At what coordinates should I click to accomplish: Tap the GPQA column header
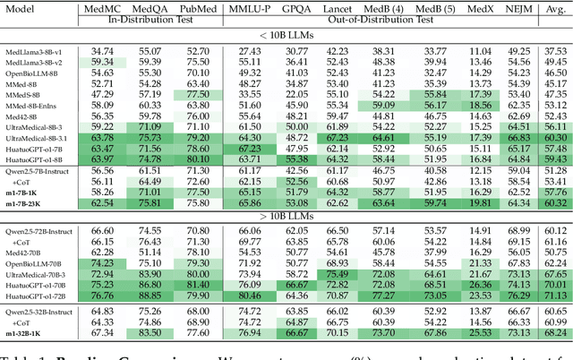(296, 8)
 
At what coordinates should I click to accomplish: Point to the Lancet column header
(338, 8)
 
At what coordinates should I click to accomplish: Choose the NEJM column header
(519, 8)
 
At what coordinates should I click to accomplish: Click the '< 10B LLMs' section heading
(286, 36)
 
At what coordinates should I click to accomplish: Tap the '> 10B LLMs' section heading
(286, 216)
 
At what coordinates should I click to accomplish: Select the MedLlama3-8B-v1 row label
(34, 51)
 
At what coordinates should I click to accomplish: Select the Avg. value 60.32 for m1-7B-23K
(556, 203)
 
